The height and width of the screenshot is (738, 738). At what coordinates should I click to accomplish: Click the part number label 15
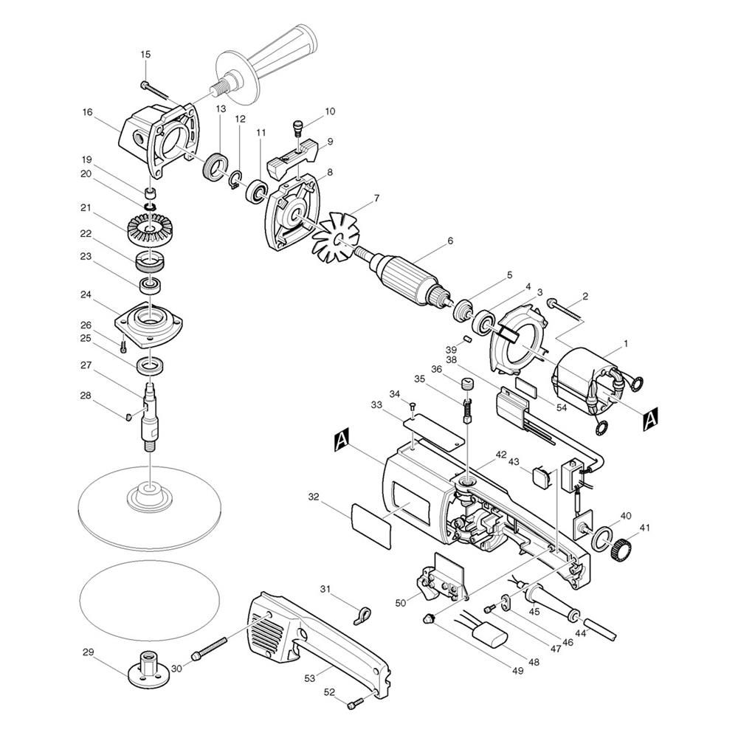tap(145, 55)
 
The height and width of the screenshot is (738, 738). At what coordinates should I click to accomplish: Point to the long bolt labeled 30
tap(210, 648)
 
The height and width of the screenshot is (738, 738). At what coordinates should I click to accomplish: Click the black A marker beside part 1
tap(650, 418)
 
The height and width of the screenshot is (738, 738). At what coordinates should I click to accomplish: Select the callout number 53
tap(309, 677)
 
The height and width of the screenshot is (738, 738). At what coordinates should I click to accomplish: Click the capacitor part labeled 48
tap(492, 632)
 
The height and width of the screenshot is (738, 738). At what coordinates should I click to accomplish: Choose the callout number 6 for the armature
tap(450, 241)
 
